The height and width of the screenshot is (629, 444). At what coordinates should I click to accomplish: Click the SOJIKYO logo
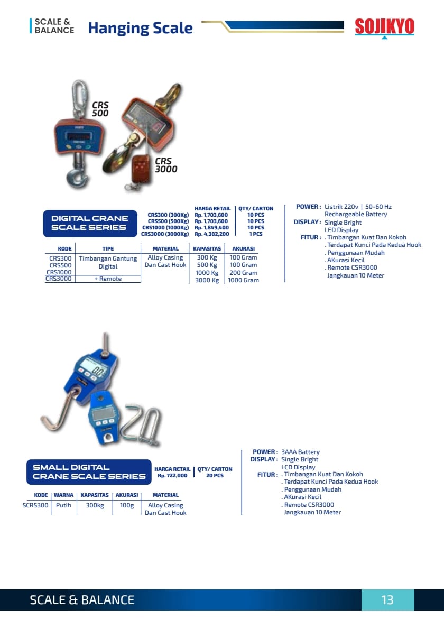(x=384, y=26)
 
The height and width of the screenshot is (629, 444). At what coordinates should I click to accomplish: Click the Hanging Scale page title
(x=140, y=28)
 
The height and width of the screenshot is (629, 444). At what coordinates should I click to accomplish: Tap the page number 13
(x=387, y=600)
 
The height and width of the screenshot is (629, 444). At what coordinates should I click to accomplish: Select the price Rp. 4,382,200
(x=212, y=234)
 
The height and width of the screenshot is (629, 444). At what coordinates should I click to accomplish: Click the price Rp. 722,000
(x=172, y=476)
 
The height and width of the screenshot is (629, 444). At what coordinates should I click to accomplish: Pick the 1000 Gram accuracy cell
(x=243, y=280)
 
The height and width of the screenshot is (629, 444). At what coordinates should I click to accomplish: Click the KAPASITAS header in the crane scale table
(x=207, y=248)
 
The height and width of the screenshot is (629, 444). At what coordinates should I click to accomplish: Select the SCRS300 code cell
(x=35, y=505)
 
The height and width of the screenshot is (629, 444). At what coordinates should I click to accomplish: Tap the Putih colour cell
(x=63, y=505)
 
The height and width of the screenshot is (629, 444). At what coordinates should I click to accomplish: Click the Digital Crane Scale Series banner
(x=89, y=223)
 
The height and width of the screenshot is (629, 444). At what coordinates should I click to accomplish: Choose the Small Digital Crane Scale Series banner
(x=89, y=471)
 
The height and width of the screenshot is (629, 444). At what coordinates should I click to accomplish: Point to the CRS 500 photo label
(x=100, y=109)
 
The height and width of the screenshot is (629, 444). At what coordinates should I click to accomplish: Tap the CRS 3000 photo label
(x=165, y=165)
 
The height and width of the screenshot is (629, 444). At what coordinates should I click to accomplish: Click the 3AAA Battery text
(x=300, y=452)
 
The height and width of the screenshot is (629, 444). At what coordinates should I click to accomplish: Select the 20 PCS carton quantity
(x=215, y=476)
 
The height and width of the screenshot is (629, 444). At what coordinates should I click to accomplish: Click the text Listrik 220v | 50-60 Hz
(x=358, y=207)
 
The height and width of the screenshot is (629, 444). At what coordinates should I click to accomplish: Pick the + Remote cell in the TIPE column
(x=108, y=279)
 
